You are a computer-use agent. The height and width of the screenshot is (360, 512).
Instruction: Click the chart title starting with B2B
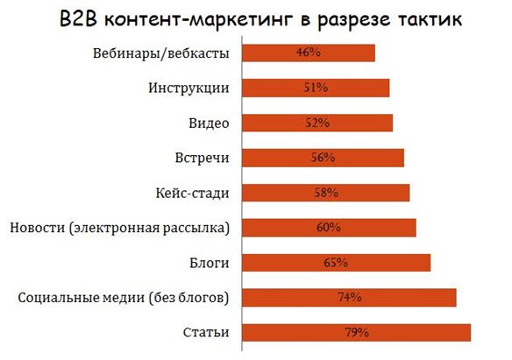click(256, 18)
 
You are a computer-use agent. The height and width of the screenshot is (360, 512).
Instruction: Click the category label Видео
click(210, 123)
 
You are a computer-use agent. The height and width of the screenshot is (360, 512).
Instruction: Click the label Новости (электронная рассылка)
click(120, 228)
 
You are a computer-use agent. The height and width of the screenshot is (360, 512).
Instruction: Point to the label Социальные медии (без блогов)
click(124, 298)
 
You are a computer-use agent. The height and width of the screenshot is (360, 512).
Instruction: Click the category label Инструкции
click(189, 88)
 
